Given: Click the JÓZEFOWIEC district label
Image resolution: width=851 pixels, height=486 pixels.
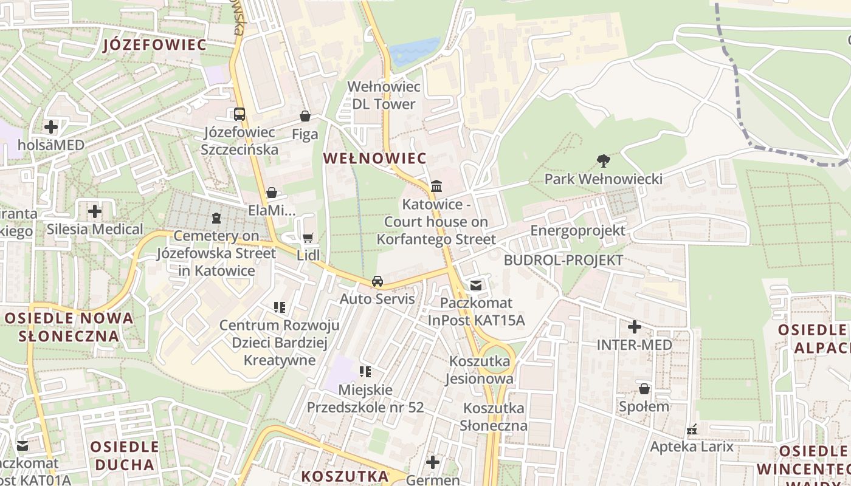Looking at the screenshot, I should click(x=155, y=44).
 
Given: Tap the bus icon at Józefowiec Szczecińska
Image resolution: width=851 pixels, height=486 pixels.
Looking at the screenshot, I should click(x=239, y=114).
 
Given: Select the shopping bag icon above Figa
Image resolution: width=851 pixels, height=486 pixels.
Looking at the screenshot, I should click(x=305, y=116).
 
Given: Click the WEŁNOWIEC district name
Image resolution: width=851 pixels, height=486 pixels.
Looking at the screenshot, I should click(x=374, y=159).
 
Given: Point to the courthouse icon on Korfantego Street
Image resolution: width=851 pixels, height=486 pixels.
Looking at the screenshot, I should click(x=436, y=186).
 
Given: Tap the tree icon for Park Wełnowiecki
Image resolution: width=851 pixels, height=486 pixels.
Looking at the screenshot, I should click(x=603, y=161).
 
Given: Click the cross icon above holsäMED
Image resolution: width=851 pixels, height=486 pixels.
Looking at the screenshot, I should click(x=51, y=127).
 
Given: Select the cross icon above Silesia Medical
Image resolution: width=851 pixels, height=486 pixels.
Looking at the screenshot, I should click(x=95, y=211).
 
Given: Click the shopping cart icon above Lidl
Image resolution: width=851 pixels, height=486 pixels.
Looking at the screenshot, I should click(x=308, y=238).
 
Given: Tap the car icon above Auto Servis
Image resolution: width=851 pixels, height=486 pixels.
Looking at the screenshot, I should click(x=377, y=281).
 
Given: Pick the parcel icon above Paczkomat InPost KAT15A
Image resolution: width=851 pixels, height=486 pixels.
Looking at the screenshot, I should click(x=476, y=285).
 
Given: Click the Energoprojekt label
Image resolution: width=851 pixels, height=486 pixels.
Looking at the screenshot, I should click(x=577, y=231).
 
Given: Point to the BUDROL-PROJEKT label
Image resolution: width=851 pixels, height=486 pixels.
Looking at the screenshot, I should click(x=563, y=261).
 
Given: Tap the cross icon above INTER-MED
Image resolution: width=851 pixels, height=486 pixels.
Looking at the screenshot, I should click(x=634, y=327).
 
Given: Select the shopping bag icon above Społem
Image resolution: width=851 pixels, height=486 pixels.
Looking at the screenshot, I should click(x=644, y=388).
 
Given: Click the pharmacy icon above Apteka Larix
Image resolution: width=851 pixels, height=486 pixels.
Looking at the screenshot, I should click(x=692, y=430).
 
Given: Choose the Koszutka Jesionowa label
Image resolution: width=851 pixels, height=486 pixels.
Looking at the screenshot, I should click(x=481, y=370).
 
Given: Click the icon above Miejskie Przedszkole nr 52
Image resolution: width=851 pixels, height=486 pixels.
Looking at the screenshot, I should click(x=365, y=371).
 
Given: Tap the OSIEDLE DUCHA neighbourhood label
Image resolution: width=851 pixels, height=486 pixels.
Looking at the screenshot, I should click(x=125, y=456).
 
